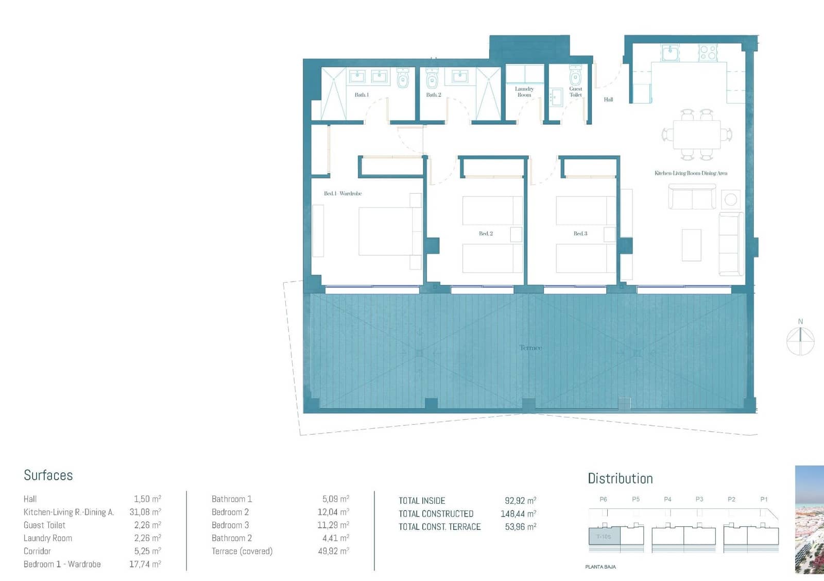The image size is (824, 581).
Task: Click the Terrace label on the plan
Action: click(530, 348)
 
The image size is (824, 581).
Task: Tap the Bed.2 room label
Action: click(486, 234)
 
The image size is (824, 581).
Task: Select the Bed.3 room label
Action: click(580, 234)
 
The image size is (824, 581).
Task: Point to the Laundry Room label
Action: click(524, 92)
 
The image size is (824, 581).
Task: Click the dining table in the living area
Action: click(697, 135)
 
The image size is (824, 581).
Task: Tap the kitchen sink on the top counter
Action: click(670, 52)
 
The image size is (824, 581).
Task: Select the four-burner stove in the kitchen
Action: click(708, 52)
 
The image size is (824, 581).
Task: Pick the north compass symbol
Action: click(800, 340)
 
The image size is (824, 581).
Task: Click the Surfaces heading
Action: click(48, 475)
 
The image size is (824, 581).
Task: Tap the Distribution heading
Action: click(620, 478)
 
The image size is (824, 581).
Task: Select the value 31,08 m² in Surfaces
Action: click(145, 512)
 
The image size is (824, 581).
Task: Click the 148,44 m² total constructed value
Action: click(518, 513)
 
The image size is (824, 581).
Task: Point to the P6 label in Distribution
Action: click(604, 499)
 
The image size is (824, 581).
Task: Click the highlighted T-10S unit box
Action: click(604, 537)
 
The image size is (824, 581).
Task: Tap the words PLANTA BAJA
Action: click(600, 567)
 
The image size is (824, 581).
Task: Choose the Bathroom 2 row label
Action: click(232, 538)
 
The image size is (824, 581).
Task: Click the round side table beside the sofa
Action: click(730, 199)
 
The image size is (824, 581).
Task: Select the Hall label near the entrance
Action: click(608, 99)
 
